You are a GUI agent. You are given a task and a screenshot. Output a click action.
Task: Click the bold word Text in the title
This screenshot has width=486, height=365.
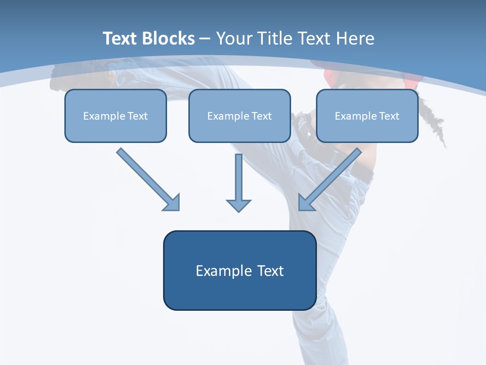[x=120, y=39]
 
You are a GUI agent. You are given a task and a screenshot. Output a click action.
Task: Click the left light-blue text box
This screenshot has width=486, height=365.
[x=115, y=116]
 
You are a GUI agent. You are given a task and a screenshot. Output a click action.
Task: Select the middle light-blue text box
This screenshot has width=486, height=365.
[x=239, y=116]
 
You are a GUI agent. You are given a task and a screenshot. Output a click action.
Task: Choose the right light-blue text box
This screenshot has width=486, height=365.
[x=367, y=116]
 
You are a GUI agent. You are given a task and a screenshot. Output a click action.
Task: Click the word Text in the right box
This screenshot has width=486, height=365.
[x=389, y=116]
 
